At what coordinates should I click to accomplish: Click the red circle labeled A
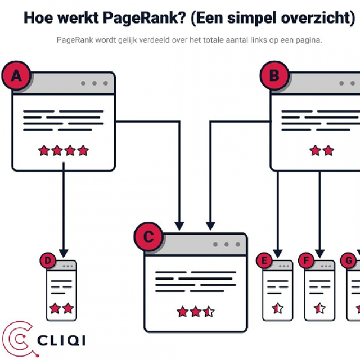[x=17, y=76]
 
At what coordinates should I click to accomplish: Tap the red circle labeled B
[x=274, y=76]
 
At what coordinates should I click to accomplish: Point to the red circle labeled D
[x=48, y=260]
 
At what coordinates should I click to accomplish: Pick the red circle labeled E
[x=264, y=260]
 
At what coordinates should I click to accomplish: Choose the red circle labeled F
[x=307, y=260]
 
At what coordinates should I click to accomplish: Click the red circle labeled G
[x=349, y=260]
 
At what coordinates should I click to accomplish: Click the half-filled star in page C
[x=209, y=311]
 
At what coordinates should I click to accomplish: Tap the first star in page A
[x=44, y=150]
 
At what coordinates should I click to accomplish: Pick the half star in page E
[x=277, y=308]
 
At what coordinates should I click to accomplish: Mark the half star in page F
[x=320, y=308]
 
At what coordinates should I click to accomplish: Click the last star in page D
[x=68, y=308]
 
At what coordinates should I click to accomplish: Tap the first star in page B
[x=315, y=150]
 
